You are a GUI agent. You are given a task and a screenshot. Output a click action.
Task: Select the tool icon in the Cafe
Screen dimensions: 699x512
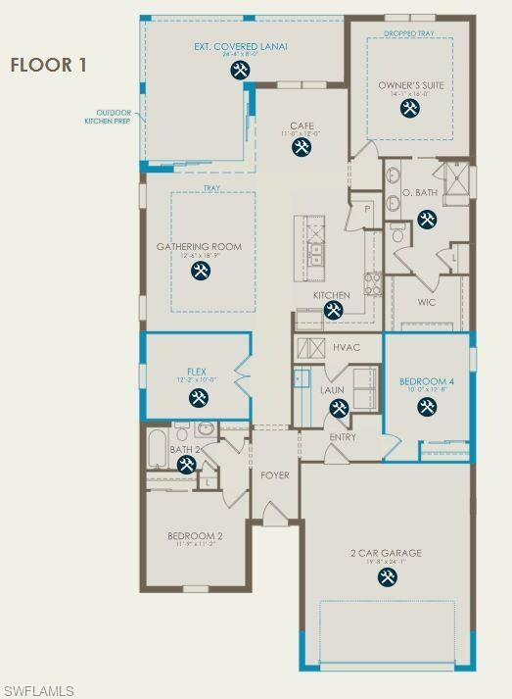pos(300,148)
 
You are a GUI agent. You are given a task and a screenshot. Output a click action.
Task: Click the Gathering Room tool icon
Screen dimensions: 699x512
pos(201,271)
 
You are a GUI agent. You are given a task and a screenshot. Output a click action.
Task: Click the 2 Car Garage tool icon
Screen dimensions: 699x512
pos(386,577)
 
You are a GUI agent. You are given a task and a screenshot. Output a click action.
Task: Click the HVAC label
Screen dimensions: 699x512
pos(347,348)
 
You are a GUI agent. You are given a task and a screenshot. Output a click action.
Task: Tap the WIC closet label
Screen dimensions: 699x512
pos(426,302)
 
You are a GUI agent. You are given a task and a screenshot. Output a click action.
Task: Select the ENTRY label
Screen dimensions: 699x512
pos(343,437)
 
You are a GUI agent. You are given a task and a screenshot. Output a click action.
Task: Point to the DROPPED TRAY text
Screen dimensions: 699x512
pos(409,33)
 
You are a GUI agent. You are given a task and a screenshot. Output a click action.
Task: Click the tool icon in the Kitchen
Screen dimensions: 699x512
pos(332,310)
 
